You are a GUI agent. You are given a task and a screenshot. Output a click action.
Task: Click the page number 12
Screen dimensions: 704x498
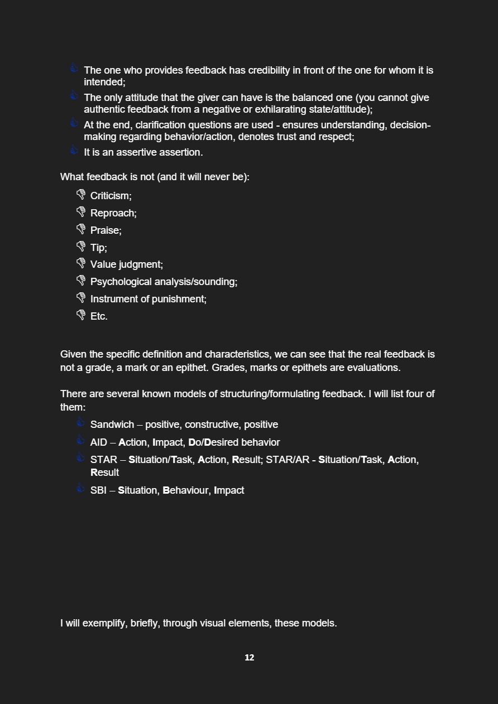(x=249, y=658)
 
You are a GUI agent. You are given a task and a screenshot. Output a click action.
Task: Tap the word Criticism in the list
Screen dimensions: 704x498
(x=111, y=196)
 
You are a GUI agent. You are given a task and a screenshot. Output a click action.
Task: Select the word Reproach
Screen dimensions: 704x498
(x=113, y=213)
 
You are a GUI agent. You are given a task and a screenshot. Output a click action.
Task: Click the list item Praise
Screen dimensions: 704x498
(x=106, y=230)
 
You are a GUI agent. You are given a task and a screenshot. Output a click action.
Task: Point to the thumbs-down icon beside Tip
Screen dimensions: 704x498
(x=81, y=246)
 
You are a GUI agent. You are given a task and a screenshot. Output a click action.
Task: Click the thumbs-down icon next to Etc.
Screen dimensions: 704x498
(x=81, y=315)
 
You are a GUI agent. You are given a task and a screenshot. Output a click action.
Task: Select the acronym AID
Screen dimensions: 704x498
(x=98, y=442)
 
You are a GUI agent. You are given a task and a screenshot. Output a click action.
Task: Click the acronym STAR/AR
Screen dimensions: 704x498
(x=287, y=460)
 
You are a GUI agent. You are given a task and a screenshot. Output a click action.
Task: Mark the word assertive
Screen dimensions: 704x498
(x=136, y=152)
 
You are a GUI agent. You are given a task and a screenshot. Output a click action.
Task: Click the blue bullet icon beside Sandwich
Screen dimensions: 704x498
(x=81, y=423)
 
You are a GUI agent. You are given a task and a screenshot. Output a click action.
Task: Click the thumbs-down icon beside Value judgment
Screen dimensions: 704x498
(x=81, y=263)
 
